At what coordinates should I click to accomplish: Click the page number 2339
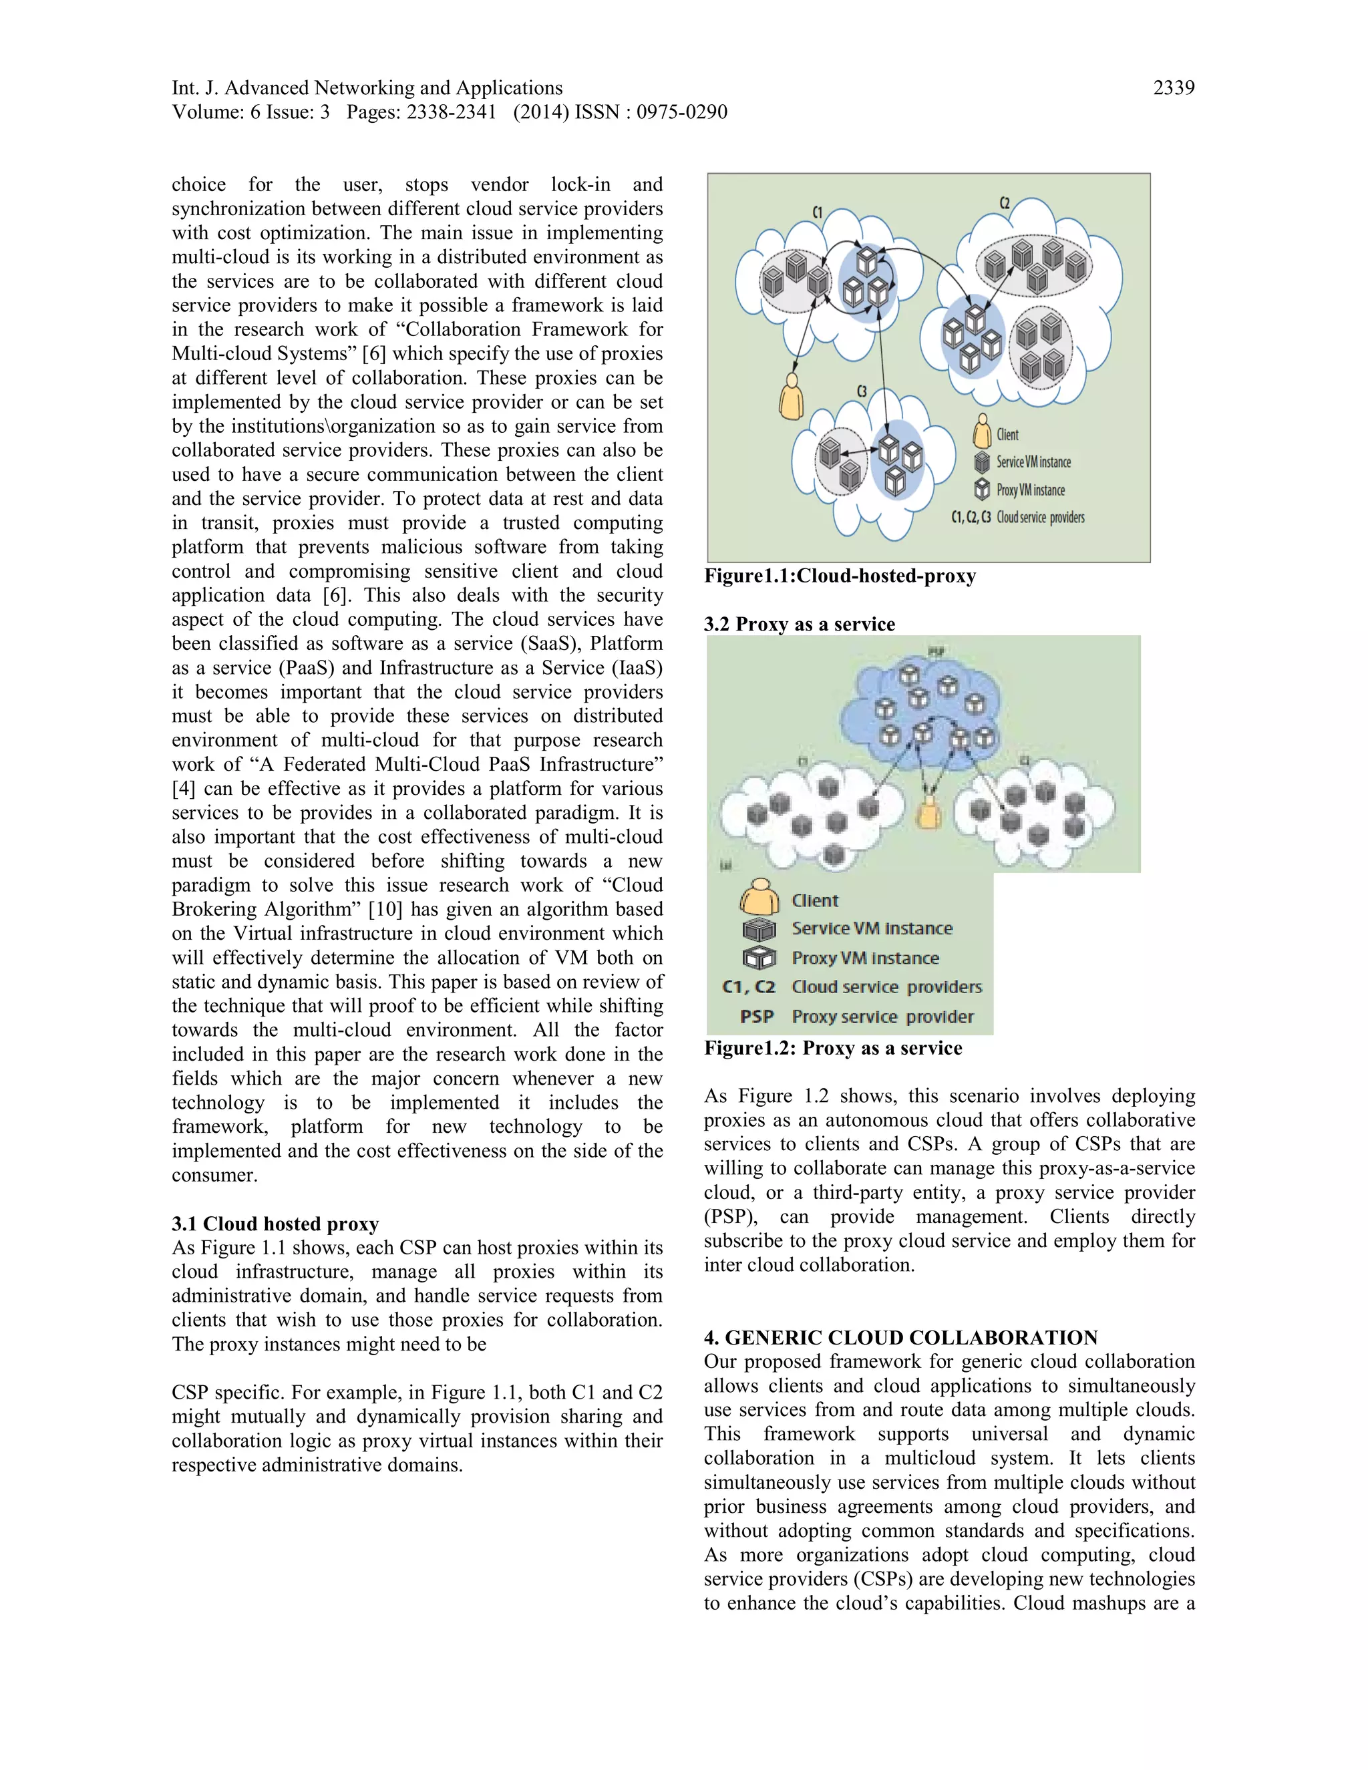(x=1173, y=87)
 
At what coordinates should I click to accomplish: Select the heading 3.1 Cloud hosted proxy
(x=275, y=1223)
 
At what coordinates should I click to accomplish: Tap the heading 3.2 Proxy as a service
(x=799, y=624)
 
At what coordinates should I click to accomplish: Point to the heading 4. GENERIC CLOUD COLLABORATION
(x=900, y=1337)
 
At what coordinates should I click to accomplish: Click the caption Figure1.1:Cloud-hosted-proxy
(x=840, y=576)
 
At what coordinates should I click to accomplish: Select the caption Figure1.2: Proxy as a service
(x=832, y=1048)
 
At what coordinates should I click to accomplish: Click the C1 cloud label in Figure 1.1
(x=818, y=212)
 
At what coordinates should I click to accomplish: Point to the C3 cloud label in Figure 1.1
(x=862, y=391)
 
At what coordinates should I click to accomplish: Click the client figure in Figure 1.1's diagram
(x=791, y=396)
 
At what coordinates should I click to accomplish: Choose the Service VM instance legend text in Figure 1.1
(x=1033, y=462)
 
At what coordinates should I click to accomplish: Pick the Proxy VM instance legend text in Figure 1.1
(x=1030, y=490)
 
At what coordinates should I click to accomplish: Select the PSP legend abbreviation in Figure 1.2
(x=756, y=1017)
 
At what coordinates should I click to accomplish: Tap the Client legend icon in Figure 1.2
(x=759, y=897)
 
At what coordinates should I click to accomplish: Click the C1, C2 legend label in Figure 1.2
(x=748, y=987)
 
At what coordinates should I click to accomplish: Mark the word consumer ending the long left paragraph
(x=213, y=1175)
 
